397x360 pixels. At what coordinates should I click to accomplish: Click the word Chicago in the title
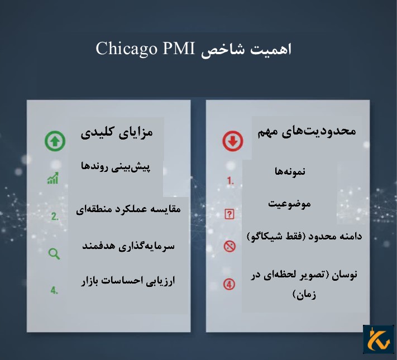126,49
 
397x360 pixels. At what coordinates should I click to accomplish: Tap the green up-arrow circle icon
55,141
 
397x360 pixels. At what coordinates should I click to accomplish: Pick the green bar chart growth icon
54,179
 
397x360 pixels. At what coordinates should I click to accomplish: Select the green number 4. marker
54,290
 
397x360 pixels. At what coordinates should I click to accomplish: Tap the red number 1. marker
230,181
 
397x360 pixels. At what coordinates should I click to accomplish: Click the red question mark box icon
229,214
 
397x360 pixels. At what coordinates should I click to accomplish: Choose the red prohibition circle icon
229,246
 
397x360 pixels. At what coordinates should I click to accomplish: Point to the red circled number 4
229,284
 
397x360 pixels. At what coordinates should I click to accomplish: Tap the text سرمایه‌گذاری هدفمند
128,246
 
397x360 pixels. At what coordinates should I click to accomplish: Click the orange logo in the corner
378,339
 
